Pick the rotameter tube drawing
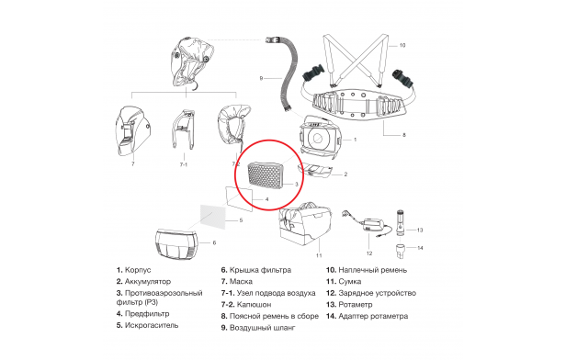[x=400, y=222]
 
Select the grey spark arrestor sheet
[x=213, y=217]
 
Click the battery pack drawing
[x=314, y=172]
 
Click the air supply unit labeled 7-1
[x=184, y=129]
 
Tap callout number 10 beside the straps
[x=402, y=45]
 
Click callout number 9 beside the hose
[x=261, y=78]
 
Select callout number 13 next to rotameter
[x=419, y=230]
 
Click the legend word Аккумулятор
[x=148, y=281]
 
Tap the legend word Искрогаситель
[x=152, y=325]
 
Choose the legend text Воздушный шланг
[x=263, y=328]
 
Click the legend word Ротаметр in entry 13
[x=356, y=305]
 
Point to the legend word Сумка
[x=350, y=282]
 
